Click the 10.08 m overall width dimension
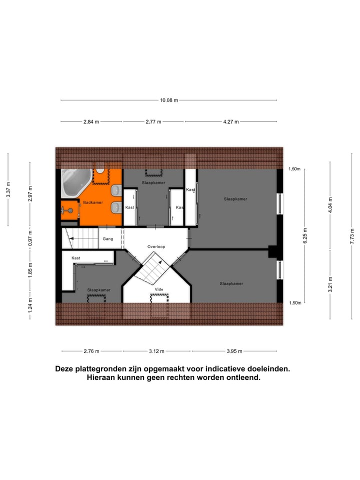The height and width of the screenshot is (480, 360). point(169,100)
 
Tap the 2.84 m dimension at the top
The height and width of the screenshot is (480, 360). point(91,121)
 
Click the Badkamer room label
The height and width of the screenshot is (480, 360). point(93,202)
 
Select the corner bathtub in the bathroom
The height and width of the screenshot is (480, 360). point(75,183)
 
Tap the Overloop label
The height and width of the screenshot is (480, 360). point(156,247)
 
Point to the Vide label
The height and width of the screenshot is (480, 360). point(159,289)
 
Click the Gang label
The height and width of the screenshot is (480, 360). point(108,239)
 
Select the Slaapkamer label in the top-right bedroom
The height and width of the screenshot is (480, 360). point(235,199)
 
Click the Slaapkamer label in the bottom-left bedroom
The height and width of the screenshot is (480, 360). point(98,289)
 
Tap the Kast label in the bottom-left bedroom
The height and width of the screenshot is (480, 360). point(76,258)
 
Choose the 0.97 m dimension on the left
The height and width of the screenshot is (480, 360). point(30,238)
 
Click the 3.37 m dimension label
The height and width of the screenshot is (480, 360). point(8,189)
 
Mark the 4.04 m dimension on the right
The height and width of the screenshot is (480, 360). point(330,206)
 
